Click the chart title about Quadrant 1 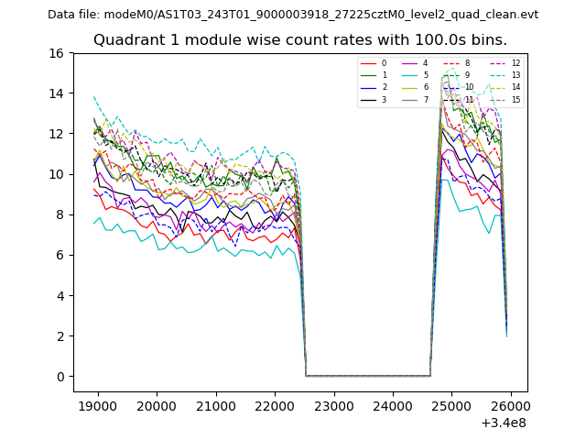(x=299, y=40)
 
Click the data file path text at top (x=293, y=15)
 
